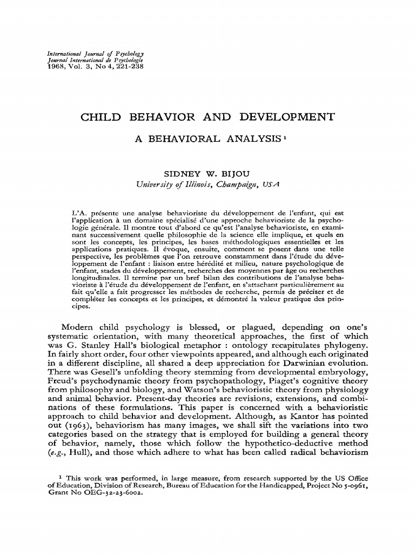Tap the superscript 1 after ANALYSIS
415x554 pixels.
[x=284, y=137]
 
